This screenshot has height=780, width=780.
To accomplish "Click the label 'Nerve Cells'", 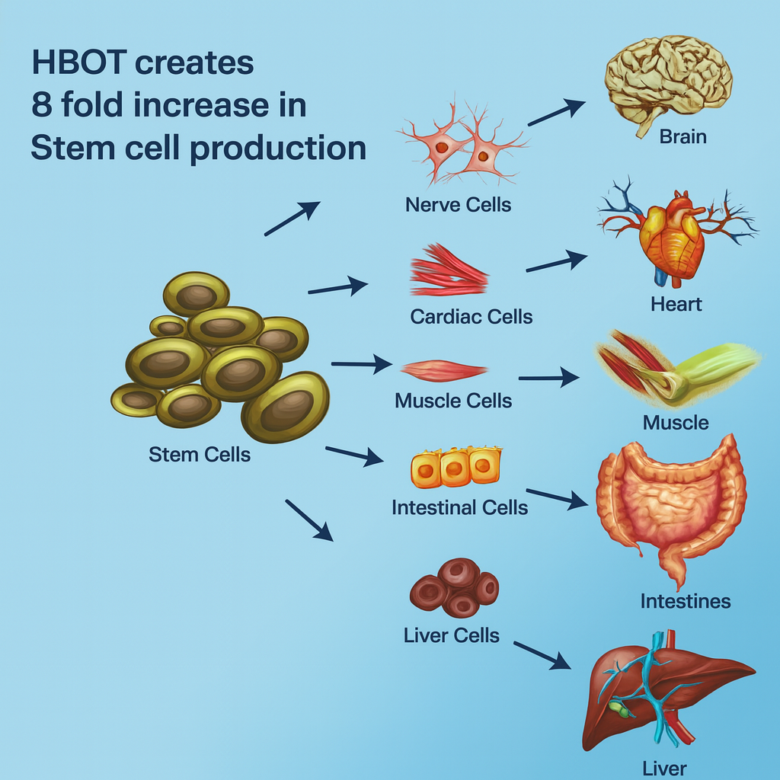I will pyautogui.click(x=459, y=204).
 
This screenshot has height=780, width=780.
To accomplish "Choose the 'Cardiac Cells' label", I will pyautogui.click(x=471, y=316).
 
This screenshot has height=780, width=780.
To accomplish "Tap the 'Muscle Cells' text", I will pyautogui.click(x=453, y=401).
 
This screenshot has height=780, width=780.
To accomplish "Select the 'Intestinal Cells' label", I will pyautogui.click(x=459, y=507).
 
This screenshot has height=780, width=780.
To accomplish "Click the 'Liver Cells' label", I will pyautogui.click(x=452, y=635).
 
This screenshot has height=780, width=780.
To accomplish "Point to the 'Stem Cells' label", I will pyautogui.click(x=200, y=455).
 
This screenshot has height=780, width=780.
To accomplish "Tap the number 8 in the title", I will pyautogui.click(x=41, y=106).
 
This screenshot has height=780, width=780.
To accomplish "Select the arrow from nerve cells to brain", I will pyautogui.click(x=556, y=112).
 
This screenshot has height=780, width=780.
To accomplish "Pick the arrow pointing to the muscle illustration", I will pyautogui.click(x=548, y=377).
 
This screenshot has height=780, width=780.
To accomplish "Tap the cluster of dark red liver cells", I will pyautogui.click(x=455, y=587).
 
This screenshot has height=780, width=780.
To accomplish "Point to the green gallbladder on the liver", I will pyautogui.click(x=620, y=711).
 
